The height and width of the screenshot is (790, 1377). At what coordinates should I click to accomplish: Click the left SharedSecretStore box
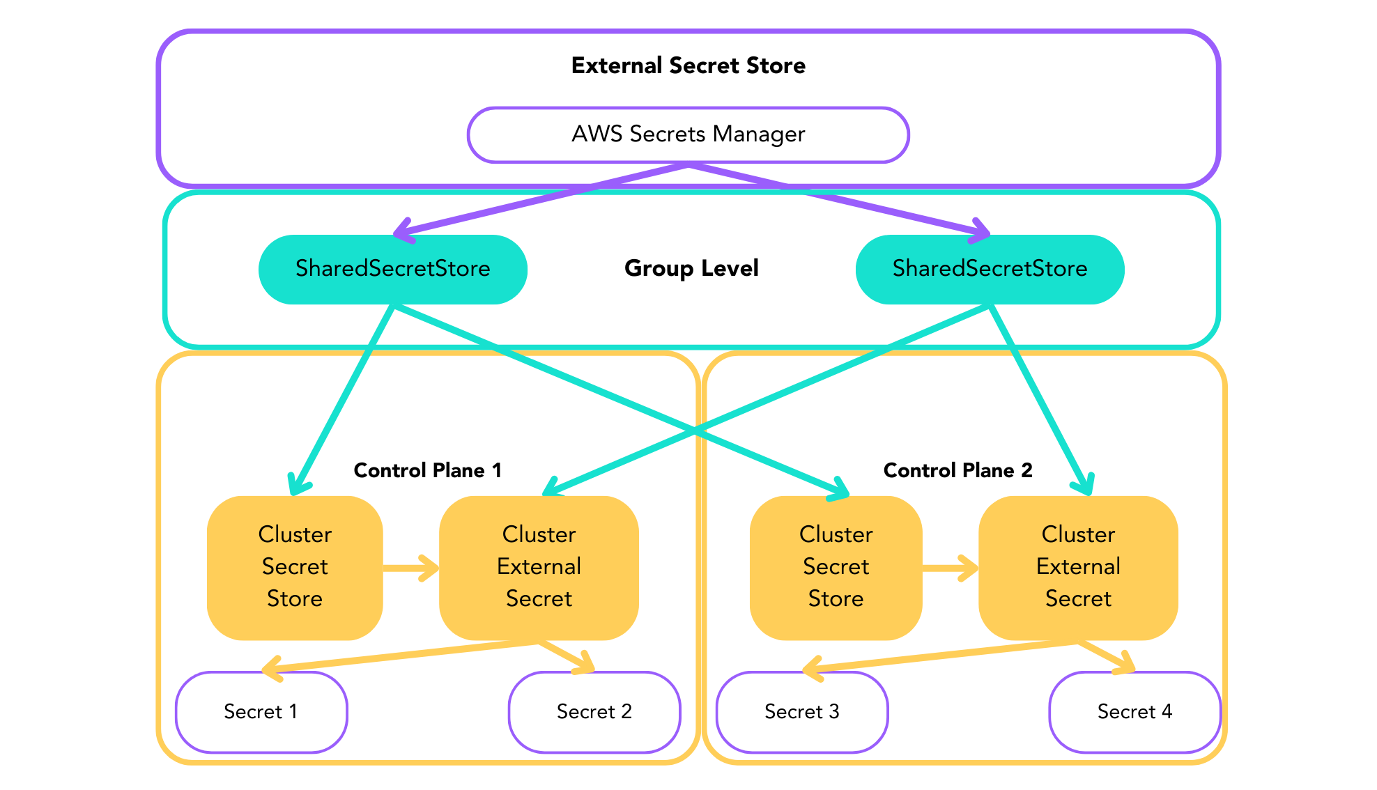392,270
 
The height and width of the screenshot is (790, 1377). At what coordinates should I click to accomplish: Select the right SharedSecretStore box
990,270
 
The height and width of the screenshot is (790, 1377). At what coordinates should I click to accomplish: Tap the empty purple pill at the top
688,134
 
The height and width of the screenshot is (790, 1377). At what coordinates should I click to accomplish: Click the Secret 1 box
261,711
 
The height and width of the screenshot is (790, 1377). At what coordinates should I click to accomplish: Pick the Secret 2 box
594,711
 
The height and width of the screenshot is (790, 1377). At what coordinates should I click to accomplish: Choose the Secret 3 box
801,711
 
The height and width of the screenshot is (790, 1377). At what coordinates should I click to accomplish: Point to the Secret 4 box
1134,711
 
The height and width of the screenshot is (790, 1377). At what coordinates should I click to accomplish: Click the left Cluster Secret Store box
294,567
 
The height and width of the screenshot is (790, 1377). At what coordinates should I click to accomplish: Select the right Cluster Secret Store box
836,567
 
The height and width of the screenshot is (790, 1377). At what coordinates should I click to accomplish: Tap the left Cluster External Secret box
539,567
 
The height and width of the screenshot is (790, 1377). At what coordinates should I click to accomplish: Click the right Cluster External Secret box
1078,567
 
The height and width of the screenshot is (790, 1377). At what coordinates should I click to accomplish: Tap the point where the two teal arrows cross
695,431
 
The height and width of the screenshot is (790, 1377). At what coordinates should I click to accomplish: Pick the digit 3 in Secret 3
833,711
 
